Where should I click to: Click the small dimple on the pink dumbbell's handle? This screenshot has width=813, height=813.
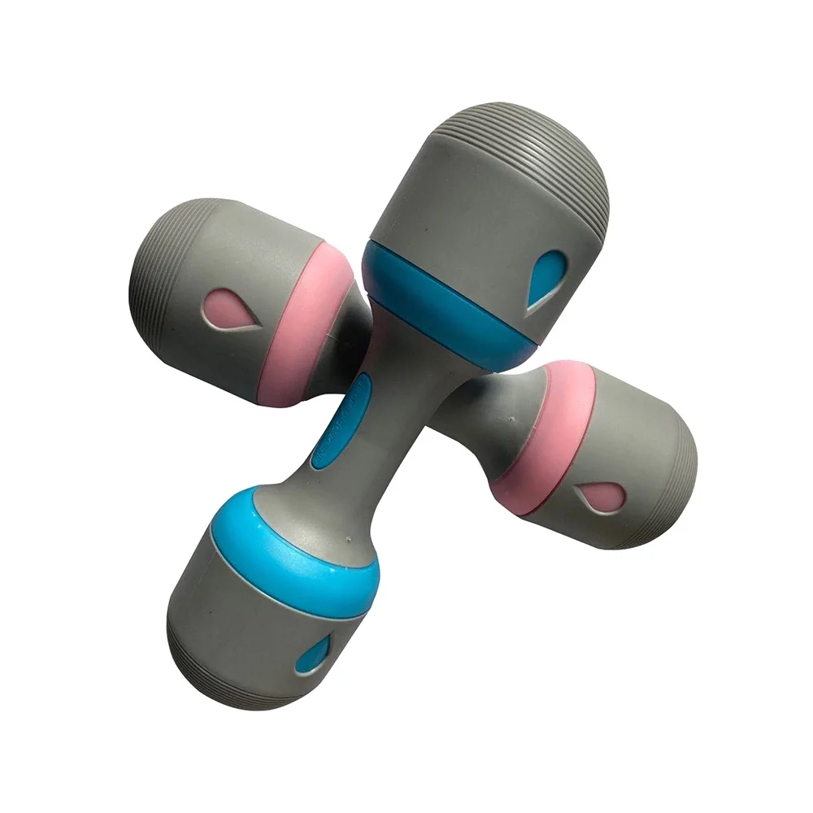511,421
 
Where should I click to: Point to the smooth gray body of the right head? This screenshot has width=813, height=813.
634,439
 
